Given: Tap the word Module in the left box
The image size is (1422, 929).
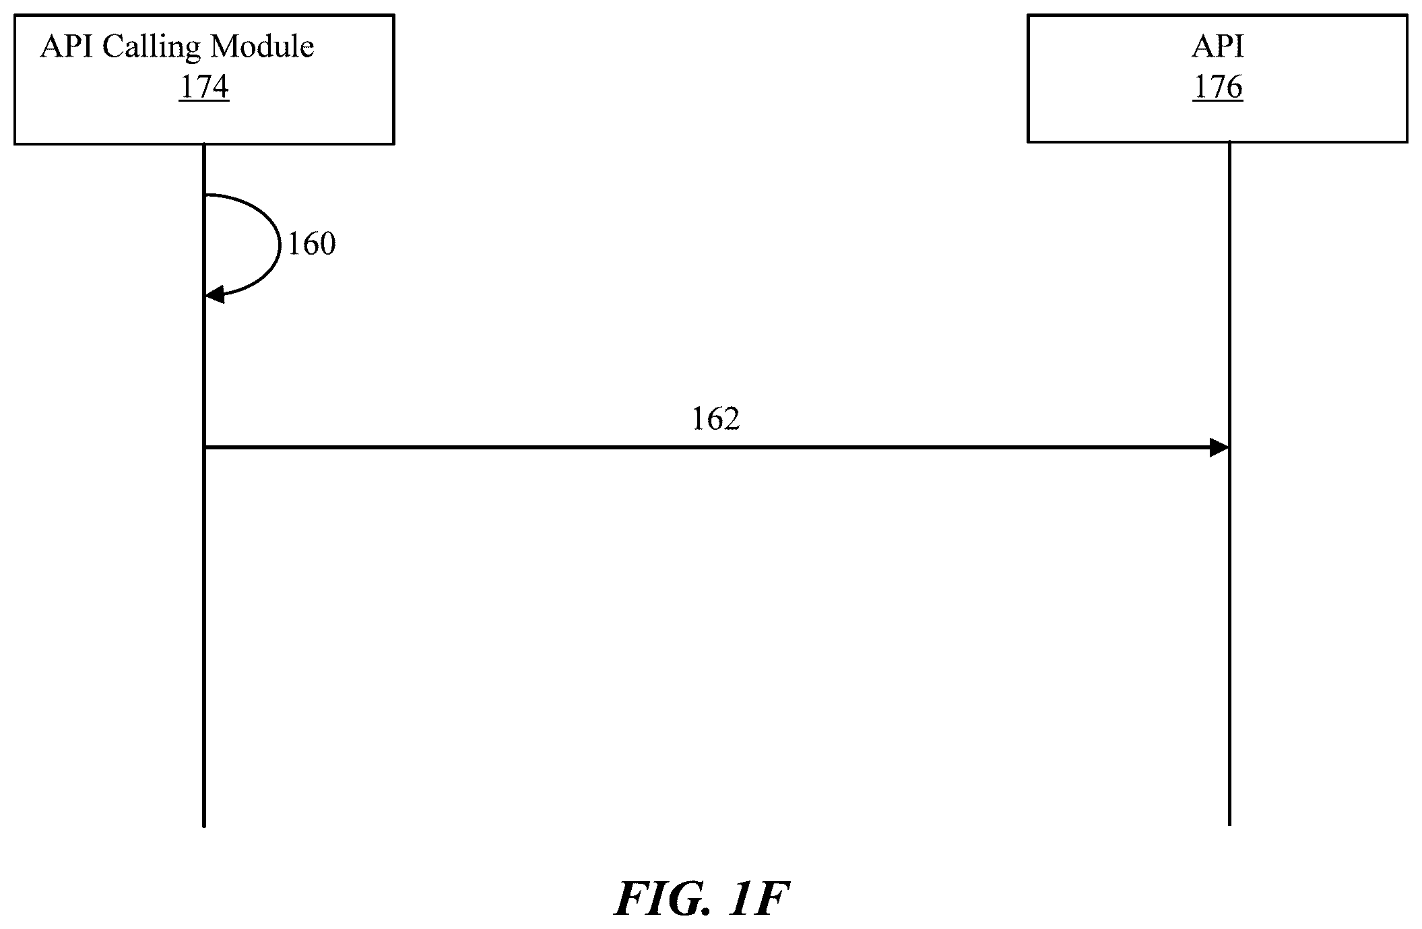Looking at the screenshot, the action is tap(262, 46).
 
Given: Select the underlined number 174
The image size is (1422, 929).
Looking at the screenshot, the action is tap(204, 88).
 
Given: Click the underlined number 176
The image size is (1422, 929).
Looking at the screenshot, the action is tap(1218, 88).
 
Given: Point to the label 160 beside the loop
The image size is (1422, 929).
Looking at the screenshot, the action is tap(312, 244).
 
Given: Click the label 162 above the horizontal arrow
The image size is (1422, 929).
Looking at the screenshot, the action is tap(716, 419).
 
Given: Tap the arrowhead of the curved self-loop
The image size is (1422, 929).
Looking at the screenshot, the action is tap(214, 294).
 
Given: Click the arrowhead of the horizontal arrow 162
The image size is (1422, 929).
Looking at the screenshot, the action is tap(1219, 447).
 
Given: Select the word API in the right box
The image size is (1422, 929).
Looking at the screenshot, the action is tap(1218, 46).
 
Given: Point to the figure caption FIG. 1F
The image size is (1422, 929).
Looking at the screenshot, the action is tap(701, 899).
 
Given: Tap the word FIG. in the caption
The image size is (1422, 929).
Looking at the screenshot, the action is tap(662, 899).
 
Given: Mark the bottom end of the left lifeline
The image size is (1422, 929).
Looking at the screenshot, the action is tap(203, 826).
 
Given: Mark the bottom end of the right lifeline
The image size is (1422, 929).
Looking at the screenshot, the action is tap(1229, 825).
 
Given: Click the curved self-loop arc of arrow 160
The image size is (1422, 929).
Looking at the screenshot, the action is tap(279, 245).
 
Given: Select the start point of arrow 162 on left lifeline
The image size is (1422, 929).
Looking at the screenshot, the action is tap(204, 447).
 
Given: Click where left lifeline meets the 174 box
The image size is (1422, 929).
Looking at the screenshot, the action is tap(203, 144).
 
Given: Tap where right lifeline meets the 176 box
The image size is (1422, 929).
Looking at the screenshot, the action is tap(1229, 142).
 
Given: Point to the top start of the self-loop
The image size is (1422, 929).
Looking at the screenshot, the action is tap(205, 195).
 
